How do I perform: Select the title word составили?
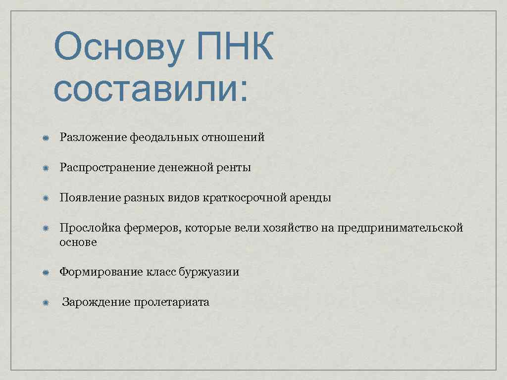click(x=151, y=90)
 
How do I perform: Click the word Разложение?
click(x=93, y=138)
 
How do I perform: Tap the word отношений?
click(x=233, y=138)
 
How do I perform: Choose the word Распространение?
click(x=107, y=168)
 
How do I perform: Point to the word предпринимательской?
click(x=400, y=228)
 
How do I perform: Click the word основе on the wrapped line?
click(x=78, y=242)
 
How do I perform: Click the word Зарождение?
click(x=96, y=302)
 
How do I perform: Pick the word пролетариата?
click(x=171, y=302)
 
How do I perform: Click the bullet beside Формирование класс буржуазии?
click(x=45, y=273)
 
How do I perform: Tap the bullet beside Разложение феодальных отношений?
click(x=45, y=138)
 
